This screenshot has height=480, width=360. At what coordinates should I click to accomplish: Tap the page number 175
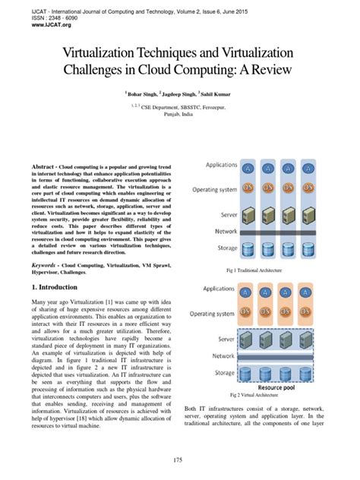[179, 460]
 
